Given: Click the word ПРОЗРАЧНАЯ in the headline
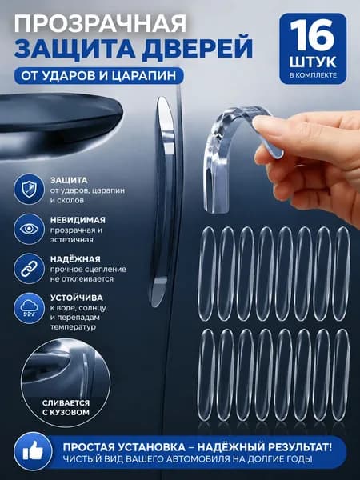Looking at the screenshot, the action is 101,23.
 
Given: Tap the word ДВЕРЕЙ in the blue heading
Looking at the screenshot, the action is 198,48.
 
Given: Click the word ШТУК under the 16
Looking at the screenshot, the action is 313,62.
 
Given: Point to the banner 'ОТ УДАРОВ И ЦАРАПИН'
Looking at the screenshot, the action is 98,76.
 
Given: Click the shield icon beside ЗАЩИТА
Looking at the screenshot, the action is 29,189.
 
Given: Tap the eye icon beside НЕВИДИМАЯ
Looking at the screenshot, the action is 29,229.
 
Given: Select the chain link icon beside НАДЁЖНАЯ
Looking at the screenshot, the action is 29,269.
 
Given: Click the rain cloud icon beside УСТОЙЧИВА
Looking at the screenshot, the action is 29,308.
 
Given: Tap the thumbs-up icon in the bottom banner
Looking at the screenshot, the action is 33,451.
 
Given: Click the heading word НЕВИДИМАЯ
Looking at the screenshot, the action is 78,220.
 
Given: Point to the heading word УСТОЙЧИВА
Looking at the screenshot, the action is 77,298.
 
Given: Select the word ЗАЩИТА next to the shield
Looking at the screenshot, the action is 69,180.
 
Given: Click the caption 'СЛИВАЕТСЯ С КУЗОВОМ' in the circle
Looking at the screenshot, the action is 66,407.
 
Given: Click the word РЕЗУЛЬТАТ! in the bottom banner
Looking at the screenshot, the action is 300,447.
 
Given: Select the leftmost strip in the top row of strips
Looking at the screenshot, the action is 207,274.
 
